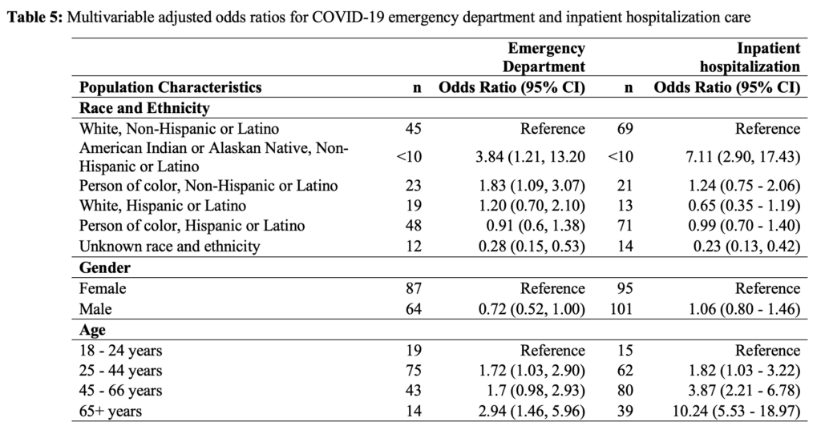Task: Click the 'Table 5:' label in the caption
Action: tap(34, 18)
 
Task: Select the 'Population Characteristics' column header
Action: tap(170, 86)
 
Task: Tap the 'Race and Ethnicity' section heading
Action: tap(144, 108)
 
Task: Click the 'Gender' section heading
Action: tap(105, 267)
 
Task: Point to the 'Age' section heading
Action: tap(92, 330)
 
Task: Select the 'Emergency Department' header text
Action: tap(544, 58)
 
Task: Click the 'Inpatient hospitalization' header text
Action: tap(750, 58)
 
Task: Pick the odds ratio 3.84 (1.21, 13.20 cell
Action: tap(530, 157)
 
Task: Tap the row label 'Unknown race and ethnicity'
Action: tap(170, 247)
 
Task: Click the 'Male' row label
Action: tap(95, 309)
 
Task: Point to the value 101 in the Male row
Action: tap(621, 309)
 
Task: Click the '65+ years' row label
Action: tap(111, 411)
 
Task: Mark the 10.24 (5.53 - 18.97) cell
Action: tap(736, 411)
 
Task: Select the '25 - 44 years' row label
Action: tap(121, 371)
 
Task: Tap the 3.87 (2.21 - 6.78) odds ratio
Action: tap(744, 391)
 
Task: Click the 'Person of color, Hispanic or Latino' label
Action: tap(192, 226)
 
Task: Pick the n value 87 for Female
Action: tap(413, 288)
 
